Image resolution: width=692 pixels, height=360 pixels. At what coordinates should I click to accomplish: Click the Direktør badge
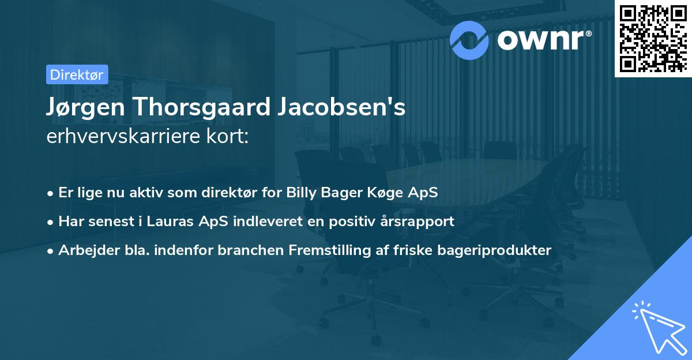[x=76, y=74]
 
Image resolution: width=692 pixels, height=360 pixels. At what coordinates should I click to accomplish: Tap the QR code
[x=653, y=38]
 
